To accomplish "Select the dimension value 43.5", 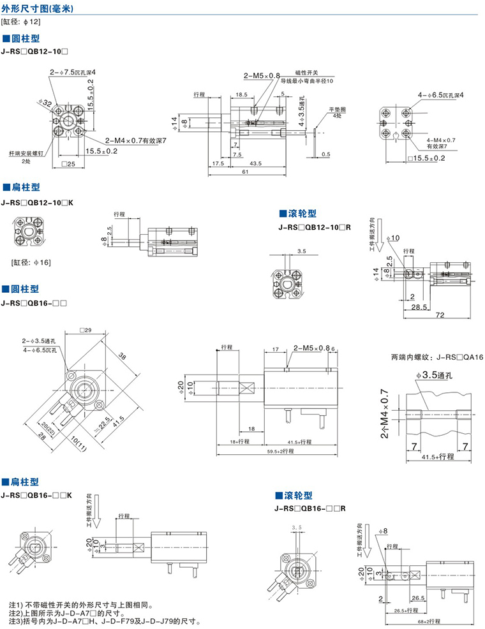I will click(256, 163).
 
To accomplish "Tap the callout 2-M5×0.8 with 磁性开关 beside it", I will click(262, 76).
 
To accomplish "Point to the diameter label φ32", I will click(44, 102).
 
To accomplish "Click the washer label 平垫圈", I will click(338, 110).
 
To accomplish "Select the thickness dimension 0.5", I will click(326, 154).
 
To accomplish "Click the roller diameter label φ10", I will click(394, 238).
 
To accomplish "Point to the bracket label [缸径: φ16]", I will click(30, 262).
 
